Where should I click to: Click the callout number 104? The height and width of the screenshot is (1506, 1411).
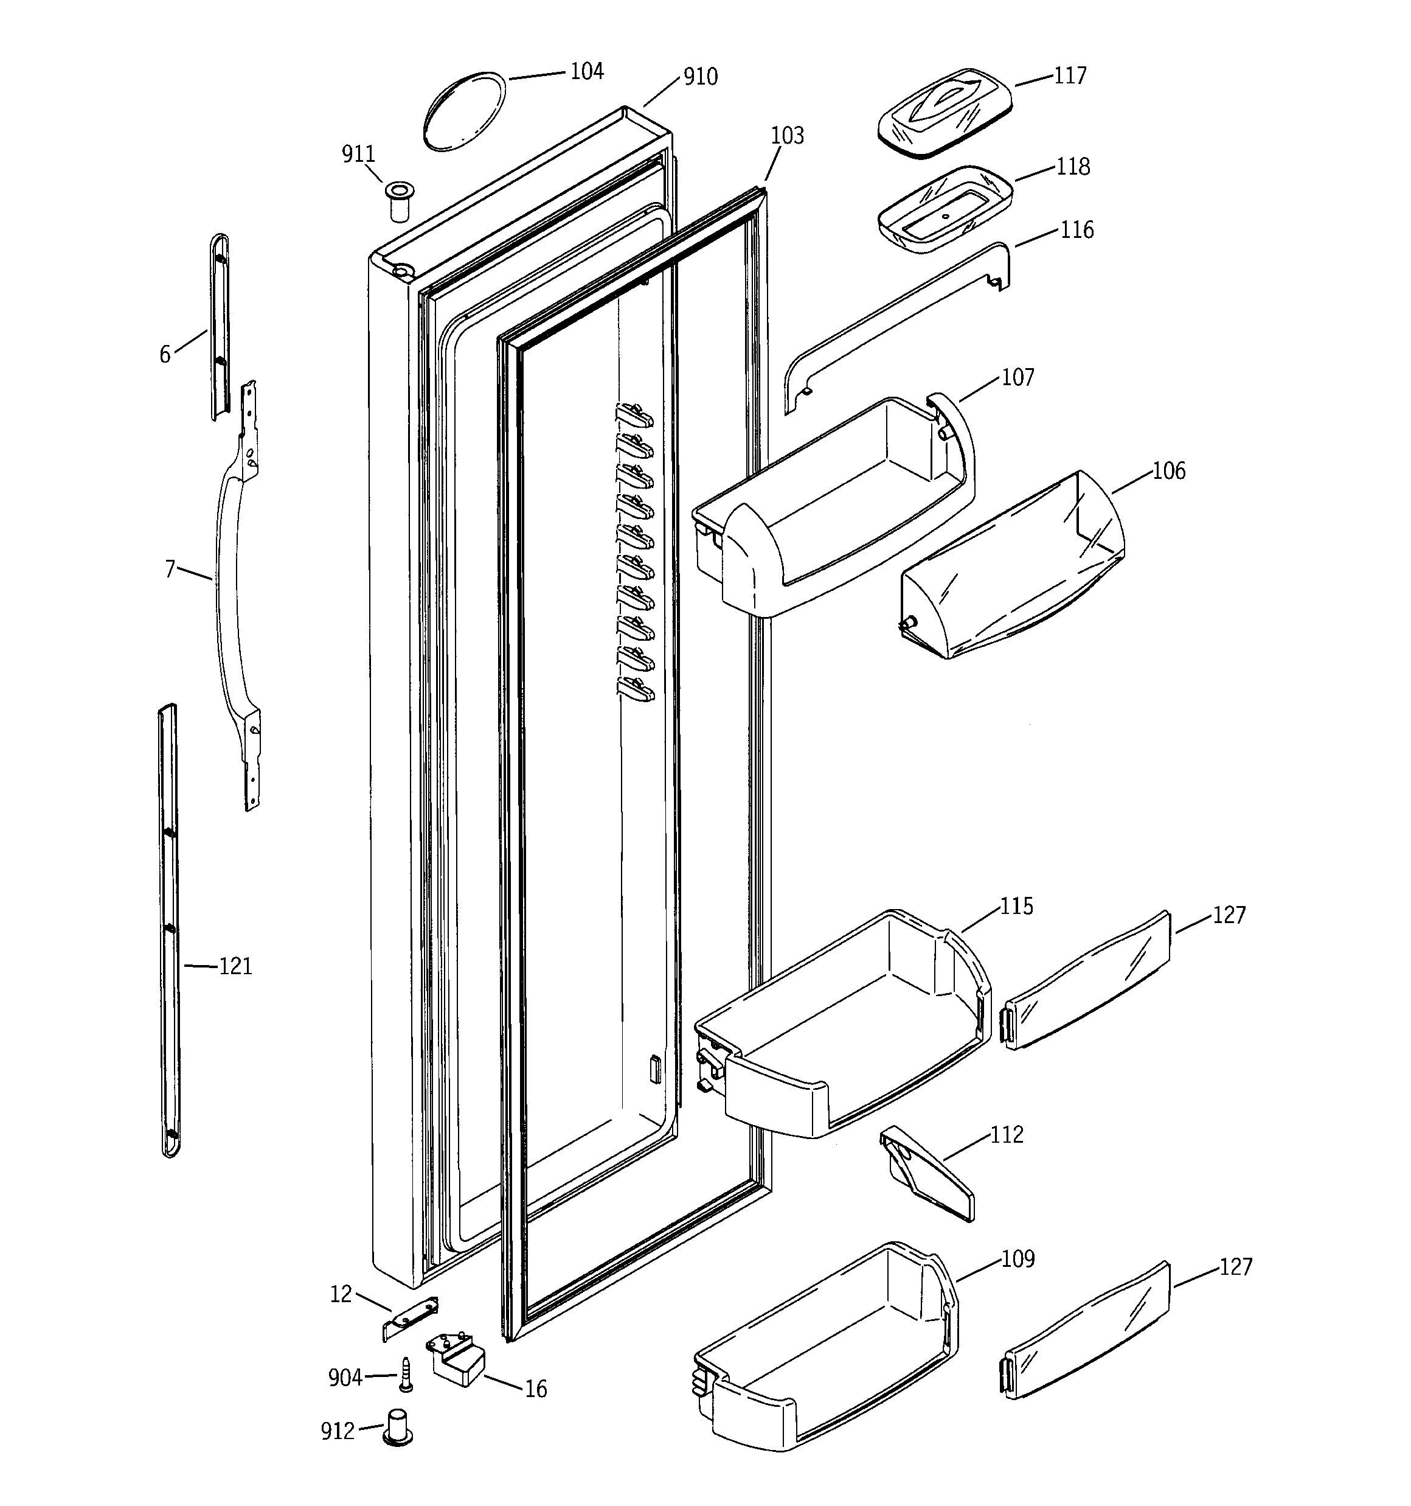click(586, 71)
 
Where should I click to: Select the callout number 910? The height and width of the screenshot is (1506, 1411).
click(700, 77)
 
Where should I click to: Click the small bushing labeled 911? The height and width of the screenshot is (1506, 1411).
click(399, 201)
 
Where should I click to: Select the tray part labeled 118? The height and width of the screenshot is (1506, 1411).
click(945, 210)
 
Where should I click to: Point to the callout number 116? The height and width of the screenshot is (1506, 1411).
click(1076, 229)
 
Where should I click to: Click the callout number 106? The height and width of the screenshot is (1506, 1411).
click(1169, 470)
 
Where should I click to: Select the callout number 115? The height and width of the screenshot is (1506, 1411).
click(1016, 906)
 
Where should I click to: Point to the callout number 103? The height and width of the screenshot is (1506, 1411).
click(787, 136)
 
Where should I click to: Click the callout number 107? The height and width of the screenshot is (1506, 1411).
click(1017, 377)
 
